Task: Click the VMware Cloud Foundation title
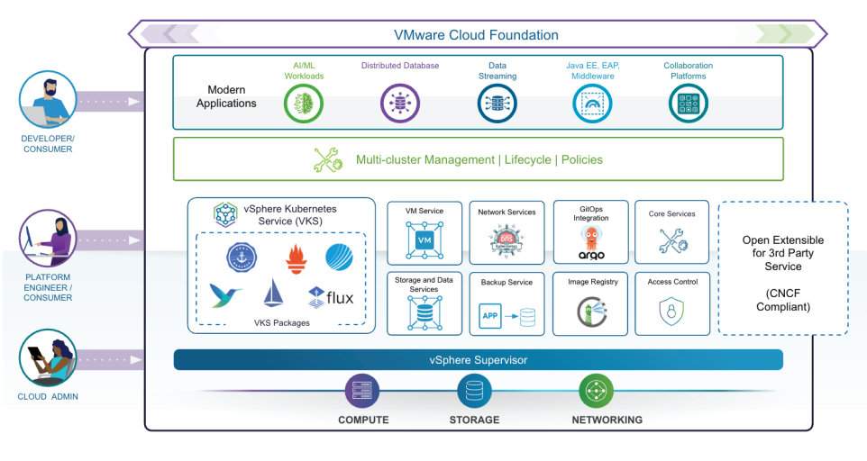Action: click(476, 35)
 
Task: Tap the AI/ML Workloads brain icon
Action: click(304, 104)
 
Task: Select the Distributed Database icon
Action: click(399, 104)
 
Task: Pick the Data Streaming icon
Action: click(497, 104)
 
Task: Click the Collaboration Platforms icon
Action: click(688, 104)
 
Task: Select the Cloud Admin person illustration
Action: click(47, 360)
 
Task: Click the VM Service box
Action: click(424, 232)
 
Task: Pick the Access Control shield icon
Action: click(672, 312)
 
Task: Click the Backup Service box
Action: click(507, 303)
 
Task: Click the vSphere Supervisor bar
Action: click(478, 360)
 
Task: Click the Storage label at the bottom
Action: click(474, 420)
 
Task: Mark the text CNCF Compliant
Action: click(782, 300)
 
